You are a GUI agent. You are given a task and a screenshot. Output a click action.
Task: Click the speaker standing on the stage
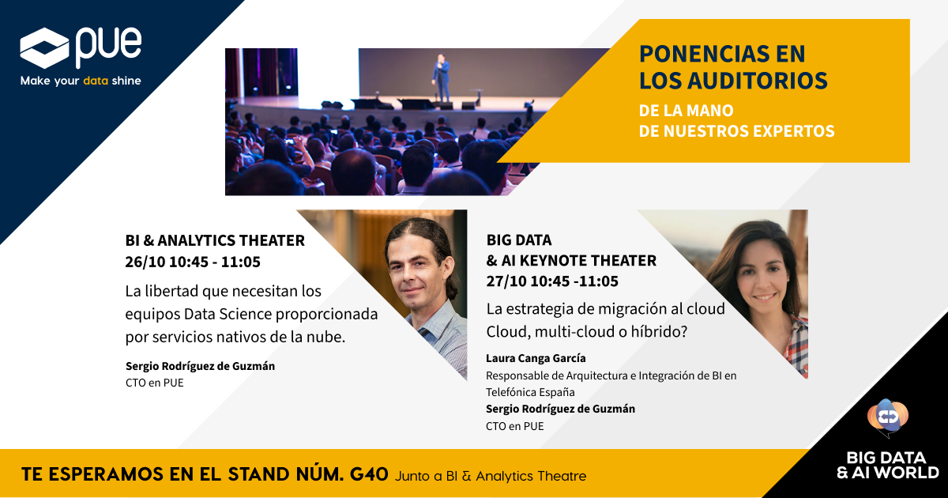(x=441, y=77)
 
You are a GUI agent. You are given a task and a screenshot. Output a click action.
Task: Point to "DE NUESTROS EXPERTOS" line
(x=736, y=131)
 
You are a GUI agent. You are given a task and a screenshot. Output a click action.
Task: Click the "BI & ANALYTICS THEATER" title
(x=215, y=241)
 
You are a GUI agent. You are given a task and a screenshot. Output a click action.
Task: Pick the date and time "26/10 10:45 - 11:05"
(x=193, y=262)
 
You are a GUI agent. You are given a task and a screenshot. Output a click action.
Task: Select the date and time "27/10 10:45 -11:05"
(x=553, y=281)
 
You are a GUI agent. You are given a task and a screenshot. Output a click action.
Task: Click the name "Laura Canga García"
(x=536, y=358)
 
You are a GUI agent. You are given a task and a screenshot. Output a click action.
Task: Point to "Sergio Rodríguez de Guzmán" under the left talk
(x=200, y=366)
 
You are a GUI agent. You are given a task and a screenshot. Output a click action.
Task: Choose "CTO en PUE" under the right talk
(x=514, y=426)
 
